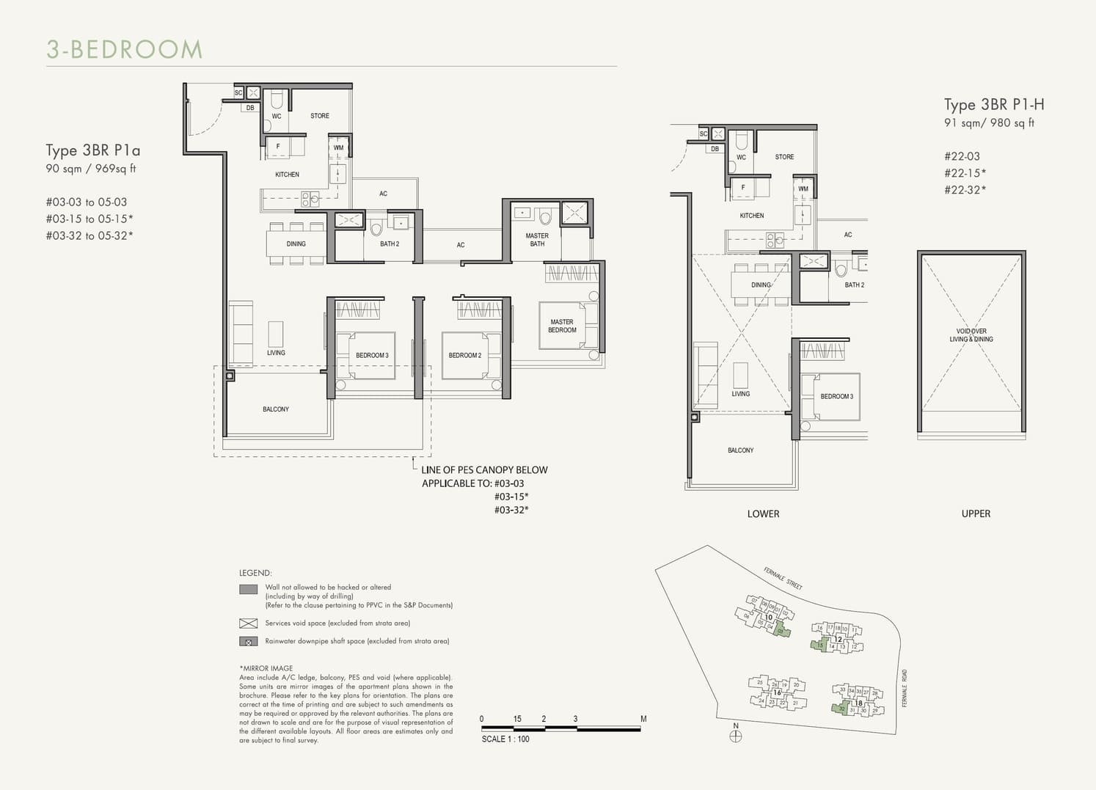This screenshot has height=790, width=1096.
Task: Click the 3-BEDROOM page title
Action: click(x=125, y=50)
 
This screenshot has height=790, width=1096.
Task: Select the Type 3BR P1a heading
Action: click(x=93, y=150)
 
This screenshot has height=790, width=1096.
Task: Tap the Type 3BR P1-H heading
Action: click(x=993, y=105)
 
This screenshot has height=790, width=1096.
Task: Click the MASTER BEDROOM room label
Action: click(x=562, y=326)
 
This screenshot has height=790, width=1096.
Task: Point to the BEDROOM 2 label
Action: click(x=465, y=356)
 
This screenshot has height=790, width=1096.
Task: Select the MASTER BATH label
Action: click(x=537, y=240)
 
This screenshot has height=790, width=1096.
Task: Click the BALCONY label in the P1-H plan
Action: click(x=740, y=450)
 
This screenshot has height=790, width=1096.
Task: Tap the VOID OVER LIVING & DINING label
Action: click(x=971, y=335)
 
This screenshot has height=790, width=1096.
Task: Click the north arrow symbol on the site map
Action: click(x=736, y=736)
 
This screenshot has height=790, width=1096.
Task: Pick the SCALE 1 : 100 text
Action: click(x=505, y=739)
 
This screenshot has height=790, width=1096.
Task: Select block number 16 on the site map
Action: click(x=777, y=692)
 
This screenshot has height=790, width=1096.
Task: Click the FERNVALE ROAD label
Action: click(x=905, y=688)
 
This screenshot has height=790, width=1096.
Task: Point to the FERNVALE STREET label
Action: click(x=783, y=579)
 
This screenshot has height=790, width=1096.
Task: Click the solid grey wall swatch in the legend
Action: click(x=249, y=589)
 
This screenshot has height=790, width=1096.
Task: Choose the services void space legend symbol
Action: click(x=249, y=623)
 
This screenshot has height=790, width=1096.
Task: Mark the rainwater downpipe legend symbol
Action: click(x=249, y=641)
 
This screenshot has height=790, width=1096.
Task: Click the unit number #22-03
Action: click(x=962, y=156)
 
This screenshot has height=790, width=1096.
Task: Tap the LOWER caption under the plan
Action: click(x=763, y=513)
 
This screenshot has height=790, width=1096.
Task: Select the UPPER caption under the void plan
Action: click(x=976, y=513)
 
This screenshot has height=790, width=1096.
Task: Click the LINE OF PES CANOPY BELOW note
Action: click(x=484, y=470)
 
